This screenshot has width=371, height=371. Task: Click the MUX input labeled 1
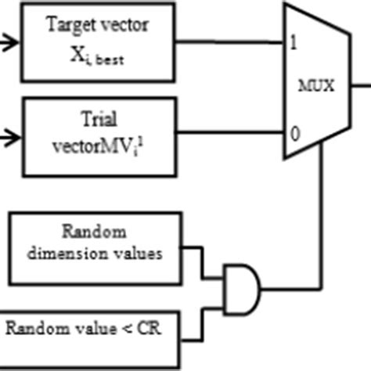(294, 43)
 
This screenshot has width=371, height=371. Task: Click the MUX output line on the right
(361, 85)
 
